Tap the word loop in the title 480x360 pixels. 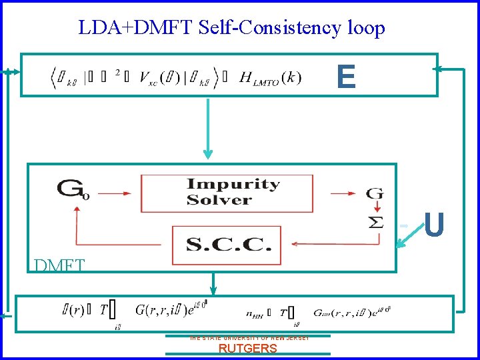tap(366, 29)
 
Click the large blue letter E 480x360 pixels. tap(346, 77)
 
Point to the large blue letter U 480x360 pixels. tap(434, 225)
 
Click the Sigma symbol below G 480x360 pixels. tap(375, 221)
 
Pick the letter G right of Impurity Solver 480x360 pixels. tap(375, 193)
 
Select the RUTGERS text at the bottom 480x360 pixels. tap(247, 349)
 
